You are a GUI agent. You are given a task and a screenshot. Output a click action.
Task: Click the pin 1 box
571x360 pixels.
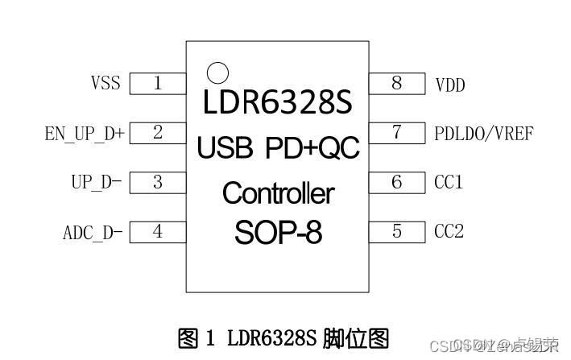(158, 83)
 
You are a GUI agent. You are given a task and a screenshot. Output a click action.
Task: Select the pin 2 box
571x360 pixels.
(158, 133)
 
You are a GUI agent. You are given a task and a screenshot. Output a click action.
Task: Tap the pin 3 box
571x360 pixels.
(158, 183)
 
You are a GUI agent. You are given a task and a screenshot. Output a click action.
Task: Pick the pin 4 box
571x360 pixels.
(158, 232)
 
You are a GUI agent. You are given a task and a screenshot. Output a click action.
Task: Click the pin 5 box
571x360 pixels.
(397, 232)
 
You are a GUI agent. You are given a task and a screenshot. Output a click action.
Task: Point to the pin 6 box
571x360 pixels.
(397, 183)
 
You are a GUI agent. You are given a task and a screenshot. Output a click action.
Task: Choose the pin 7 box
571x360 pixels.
(397, 133)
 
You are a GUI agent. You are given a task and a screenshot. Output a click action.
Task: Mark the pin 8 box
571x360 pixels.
(397, 83)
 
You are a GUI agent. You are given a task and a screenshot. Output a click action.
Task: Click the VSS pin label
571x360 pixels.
(105, 84)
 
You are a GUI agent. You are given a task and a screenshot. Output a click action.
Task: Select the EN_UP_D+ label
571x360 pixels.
(85, 134)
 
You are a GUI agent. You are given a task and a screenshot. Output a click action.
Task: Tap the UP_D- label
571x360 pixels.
(96, 183)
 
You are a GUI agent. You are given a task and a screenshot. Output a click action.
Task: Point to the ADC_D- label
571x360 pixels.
(93, 234)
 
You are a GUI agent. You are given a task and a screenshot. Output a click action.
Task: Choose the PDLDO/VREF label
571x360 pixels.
(483, 134)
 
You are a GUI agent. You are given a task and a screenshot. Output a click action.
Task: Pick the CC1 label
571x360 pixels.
(449, 183)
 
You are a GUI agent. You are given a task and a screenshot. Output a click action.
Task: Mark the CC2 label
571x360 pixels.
(449, 232)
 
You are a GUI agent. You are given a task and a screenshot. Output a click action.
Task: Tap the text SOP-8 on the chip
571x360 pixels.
(278, 234)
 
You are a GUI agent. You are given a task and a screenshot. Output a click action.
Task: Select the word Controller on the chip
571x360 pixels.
(278, 193)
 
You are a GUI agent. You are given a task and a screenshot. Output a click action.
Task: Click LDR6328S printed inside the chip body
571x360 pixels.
(278, 105)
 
